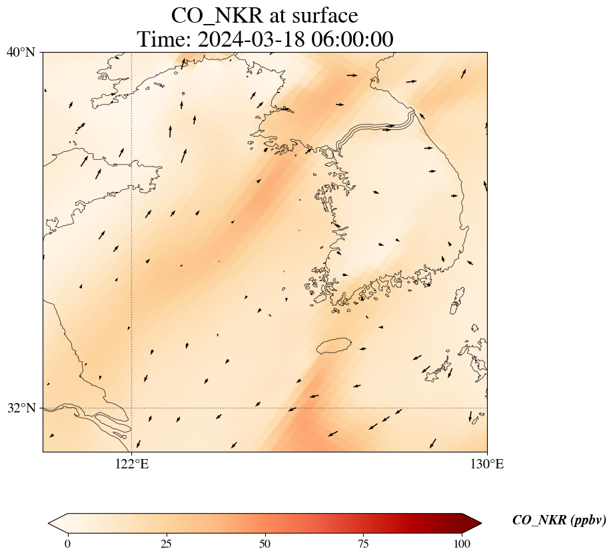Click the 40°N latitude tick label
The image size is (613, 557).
tap(21, 52)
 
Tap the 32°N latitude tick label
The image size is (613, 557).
tap(21, 408)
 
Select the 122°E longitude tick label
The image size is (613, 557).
tap(132, 464)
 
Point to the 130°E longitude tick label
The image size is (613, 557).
tap(487, 464)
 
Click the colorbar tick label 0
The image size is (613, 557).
tap(67, 544)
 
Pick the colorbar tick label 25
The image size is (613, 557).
tap(166, 544)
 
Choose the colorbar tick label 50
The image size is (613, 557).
tap(265, 544)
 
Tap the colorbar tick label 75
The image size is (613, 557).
tap(364, 544)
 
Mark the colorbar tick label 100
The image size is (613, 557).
tap(462, 544)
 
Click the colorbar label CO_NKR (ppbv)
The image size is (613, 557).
tap(558, 521)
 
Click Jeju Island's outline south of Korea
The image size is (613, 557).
tap(334, 346)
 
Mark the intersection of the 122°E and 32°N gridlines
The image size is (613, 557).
tap(132, 408)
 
